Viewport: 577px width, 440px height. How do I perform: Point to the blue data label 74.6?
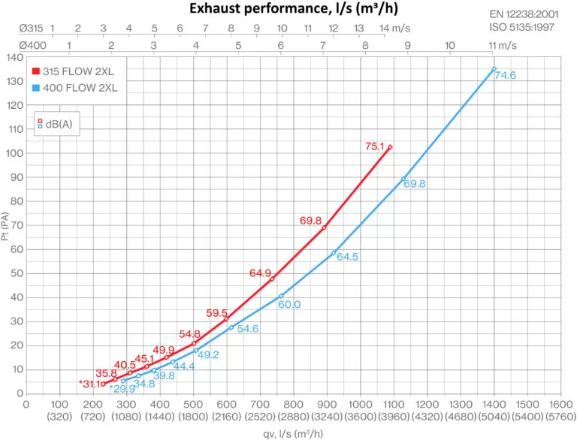[506, 76]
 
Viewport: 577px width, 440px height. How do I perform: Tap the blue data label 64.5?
[348, 257]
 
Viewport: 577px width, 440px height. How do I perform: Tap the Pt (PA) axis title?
[6, 225]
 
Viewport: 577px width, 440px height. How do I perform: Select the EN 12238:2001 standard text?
[529, 14]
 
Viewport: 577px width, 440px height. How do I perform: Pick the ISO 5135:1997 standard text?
[529, 28]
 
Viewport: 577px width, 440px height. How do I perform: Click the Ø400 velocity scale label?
[30, 45]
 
